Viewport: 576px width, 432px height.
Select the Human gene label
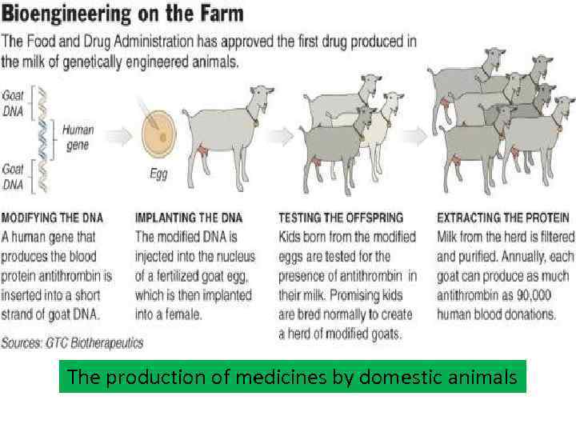[77, 137]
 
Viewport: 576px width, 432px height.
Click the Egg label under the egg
[158, 173]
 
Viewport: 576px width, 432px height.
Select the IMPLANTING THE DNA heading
[189, 217]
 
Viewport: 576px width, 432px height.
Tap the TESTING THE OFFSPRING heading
[341, 217]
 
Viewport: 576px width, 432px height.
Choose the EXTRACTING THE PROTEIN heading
[503, 217]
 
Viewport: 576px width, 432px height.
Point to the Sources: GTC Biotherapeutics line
[72, 343]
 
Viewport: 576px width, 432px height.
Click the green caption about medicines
[292, 377]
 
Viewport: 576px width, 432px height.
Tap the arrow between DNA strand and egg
[117, 137]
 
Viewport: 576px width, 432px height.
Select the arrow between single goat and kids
[275, 137]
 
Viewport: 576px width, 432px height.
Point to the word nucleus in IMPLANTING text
[233, 256]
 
